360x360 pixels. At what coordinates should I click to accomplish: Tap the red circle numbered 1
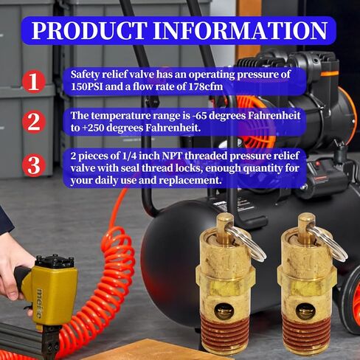(x=32, y=81)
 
